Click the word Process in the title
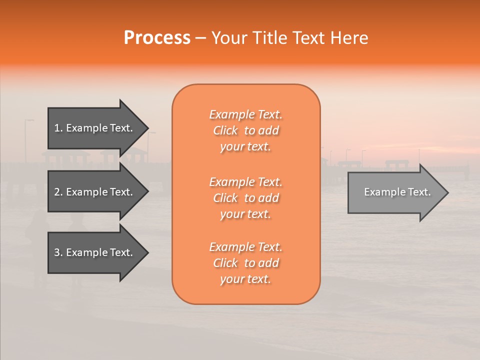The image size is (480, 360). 157,38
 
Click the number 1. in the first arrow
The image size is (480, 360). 58,128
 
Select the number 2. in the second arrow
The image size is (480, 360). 58,192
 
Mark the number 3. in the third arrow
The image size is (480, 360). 58,252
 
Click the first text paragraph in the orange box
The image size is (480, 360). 245,130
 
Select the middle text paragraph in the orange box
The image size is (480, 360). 245,198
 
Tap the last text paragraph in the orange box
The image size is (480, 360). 245,263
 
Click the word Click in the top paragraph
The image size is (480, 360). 225,130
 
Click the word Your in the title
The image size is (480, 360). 229,38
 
